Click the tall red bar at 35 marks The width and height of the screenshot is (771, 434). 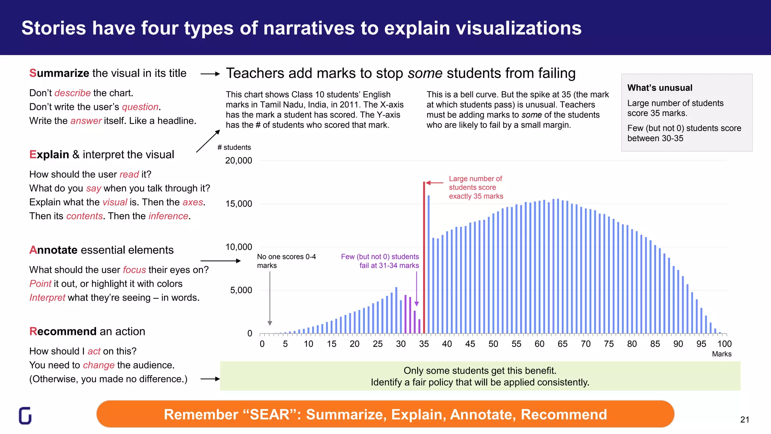(x=424, y=260)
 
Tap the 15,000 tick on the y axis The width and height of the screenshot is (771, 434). (x=239, y=204)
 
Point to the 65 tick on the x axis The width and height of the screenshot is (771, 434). (x=562, y=344)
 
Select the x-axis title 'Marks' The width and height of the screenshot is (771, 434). (x=722, y=354)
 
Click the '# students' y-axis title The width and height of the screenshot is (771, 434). (x=234, y=147)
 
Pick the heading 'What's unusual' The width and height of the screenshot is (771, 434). (x=660, y=88)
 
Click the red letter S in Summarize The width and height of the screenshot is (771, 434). (x=33, y=73)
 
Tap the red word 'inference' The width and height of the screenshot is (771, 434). (x=168, y=216)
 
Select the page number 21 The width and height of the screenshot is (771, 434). (x=745, y=420)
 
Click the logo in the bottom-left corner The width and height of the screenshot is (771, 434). (x=25, y=416)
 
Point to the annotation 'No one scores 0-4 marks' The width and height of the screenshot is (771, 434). (x=286, y=261)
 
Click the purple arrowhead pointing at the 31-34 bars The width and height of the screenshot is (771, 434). (x=416, y=304)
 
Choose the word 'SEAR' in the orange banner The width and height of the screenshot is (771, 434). (x=270, y=414)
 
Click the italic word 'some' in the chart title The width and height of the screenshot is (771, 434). (x=425, y=73)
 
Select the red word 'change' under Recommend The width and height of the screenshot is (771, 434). (x=99, y=365)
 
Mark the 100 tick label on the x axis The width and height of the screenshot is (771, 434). (x=724, y=344)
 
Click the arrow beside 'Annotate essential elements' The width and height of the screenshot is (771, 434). (x=220, y=261)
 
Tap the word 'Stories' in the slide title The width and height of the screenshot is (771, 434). (x=54, y=28)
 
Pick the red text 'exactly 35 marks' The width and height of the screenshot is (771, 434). (x=476, y=196)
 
